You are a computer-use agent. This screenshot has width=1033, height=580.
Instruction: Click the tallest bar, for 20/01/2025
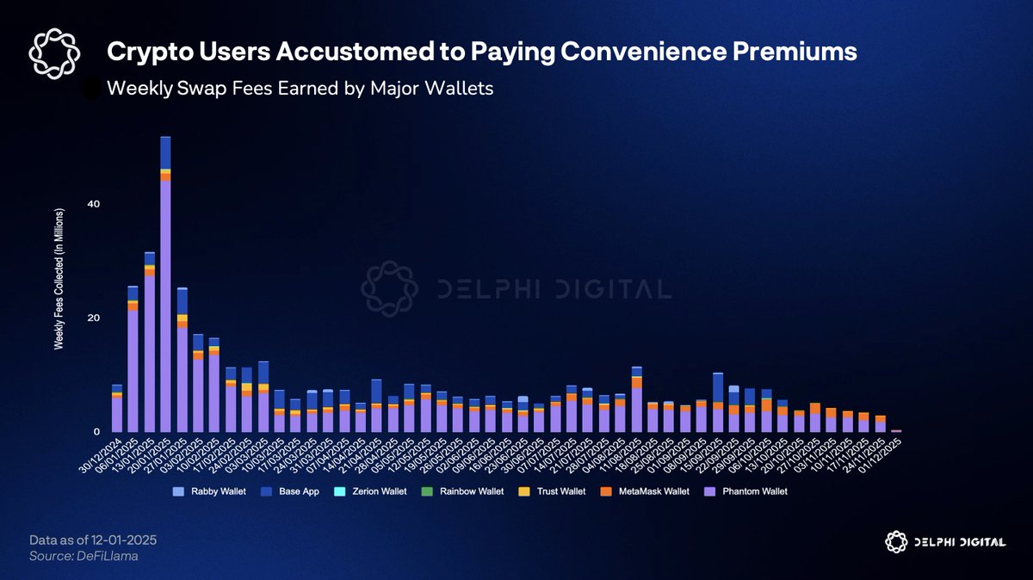(165, 284)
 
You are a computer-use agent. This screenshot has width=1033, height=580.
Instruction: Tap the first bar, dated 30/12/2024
(117, 409)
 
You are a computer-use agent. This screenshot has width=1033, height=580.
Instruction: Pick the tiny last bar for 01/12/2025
(896, 430)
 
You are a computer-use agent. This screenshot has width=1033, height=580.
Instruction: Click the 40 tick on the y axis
(92, 204)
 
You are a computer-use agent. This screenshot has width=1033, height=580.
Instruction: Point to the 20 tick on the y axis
(92, 318)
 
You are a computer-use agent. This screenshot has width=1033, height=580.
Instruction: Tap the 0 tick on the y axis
(96, 432)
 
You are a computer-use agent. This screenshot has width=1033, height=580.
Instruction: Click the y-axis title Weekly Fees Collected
(59, 277)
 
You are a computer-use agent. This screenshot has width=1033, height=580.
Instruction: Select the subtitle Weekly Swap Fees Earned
(300, 89)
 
